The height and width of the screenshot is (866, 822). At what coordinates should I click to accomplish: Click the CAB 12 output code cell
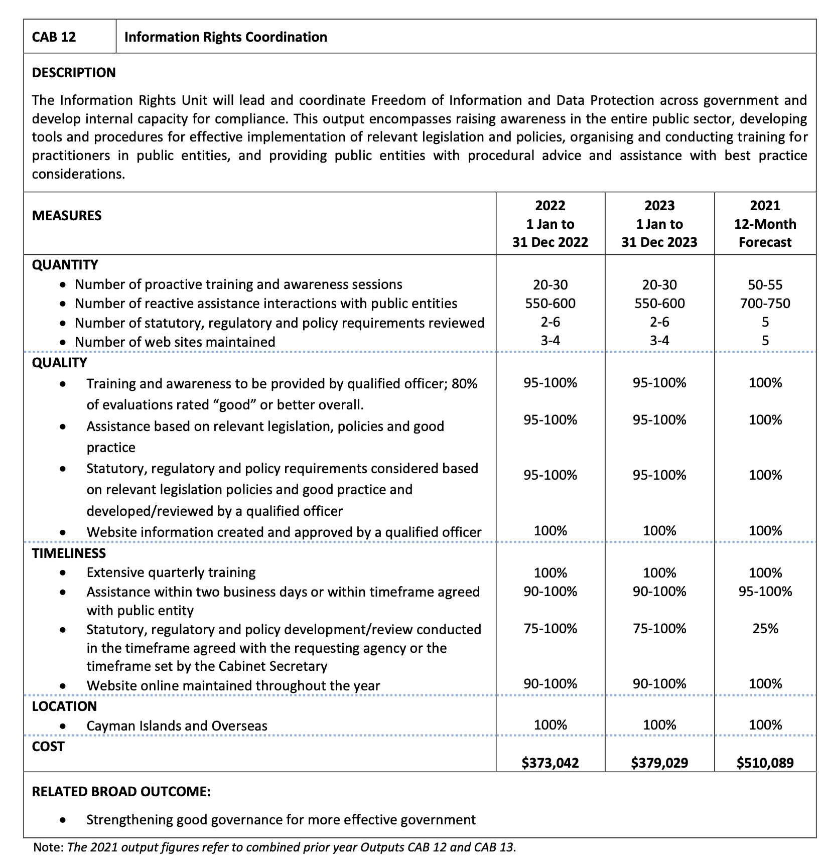point(54,37)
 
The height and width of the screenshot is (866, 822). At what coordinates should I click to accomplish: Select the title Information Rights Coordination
point(225,37)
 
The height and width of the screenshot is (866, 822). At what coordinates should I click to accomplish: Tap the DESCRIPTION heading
point(74,73)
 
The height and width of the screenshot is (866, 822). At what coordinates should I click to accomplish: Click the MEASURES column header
point(67,216)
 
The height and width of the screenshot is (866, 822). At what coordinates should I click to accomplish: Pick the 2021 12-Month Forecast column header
point(765,224)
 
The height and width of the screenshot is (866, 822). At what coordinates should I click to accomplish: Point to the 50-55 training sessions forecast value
point(765,285)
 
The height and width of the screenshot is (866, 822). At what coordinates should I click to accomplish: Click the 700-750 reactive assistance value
point(765,304)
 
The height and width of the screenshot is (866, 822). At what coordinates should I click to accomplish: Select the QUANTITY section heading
point(65,265)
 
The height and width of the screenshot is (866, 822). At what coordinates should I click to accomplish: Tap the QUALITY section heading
point(59,363)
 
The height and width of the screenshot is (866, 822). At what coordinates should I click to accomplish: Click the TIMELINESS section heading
point(69,553)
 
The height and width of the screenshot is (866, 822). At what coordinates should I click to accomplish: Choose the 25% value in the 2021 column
point(765,629)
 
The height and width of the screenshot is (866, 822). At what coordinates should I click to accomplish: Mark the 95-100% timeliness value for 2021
point(765,592)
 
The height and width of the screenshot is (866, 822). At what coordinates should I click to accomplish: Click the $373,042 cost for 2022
point(550,763)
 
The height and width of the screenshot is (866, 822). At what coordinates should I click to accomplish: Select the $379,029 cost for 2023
point(659,763)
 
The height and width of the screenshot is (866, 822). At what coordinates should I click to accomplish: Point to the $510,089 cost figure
point(765,763)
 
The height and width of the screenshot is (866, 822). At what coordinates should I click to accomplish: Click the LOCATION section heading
point(64,706)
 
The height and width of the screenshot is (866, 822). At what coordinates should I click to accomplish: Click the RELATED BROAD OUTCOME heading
point(121,792)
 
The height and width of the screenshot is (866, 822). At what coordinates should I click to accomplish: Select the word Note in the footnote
point(48,847)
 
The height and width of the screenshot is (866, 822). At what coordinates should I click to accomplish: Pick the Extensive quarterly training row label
point(171,572)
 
